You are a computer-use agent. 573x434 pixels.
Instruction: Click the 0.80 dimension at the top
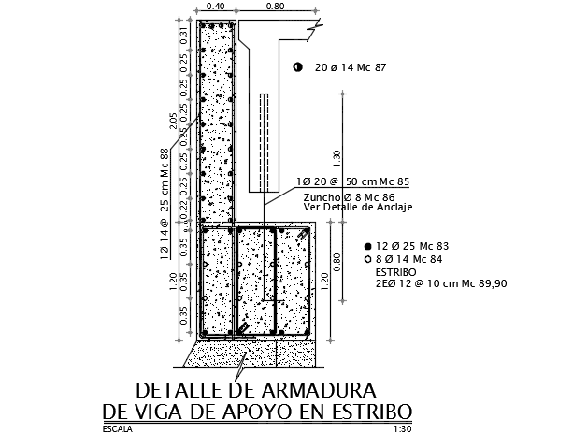coord(274,7)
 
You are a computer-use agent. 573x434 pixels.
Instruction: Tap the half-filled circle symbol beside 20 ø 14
coord(297,67)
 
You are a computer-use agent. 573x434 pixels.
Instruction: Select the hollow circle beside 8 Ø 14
coord(366,257)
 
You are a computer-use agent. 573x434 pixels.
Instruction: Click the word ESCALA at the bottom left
coord(119,428)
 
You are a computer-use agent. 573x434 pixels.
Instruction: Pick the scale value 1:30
coord(402,428)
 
